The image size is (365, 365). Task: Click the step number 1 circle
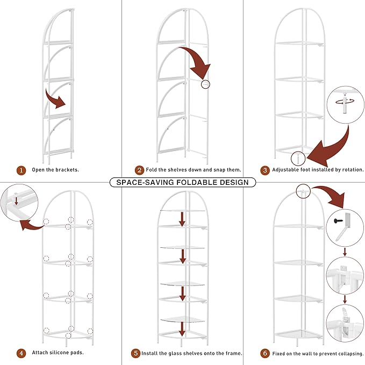click(x=21, y=170)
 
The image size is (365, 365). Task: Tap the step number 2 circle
click(x=140, y=170)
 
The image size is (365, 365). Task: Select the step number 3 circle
click(x=264, y=170)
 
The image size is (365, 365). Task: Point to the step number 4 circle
click(x=21, y=353)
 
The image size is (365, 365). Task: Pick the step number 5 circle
click(x=136, y=353)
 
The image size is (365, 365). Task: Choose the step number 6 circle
click(x=264, y=353)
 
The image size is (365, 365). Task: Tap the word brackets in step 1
click(x=66, y=170)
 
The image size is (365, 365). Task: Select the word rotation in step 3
click(x=349, y=170)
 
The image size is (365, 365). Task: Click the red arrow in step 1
click(x=55, y=99)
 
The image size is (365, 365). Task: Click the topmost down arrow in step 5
click(x=182, y=218)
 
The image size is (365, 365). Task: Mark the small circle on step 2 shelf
click(x=205, y=84)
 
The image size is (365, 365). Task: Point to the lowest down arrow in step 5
click(x=182, y=327)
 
